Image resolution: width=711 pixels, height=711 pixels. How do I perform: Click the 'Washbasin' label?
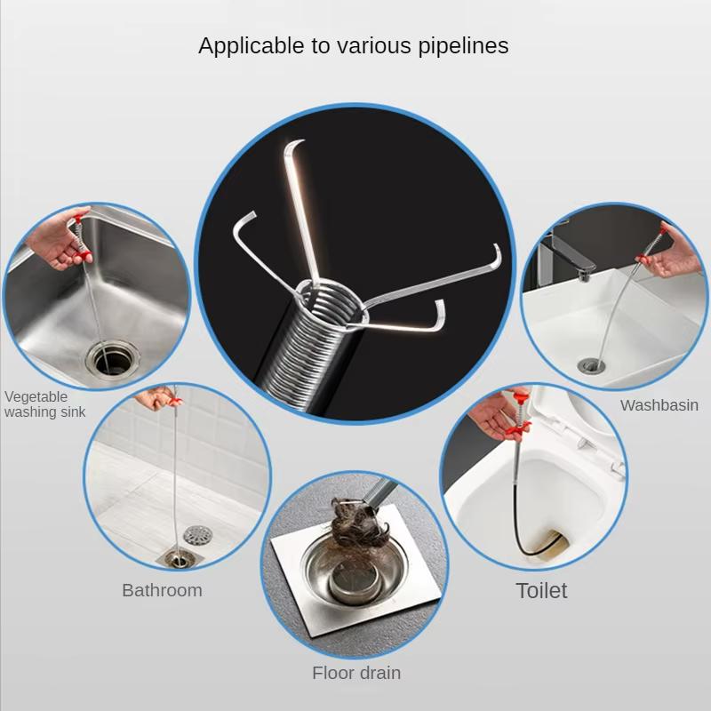(x=659, y=405)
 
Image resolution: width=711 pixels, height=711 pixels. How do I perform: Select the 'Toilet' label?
(x=541, y=590)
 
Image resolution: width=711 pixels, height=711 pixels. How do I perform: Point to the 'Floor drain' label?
(x=355, y=673)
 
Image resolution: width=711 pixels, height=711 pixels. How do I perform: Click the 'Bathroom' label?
(x=162, y=590)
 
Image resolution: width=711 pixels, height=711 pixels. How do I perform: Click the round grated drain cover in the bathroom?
(x=198, y=536)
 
